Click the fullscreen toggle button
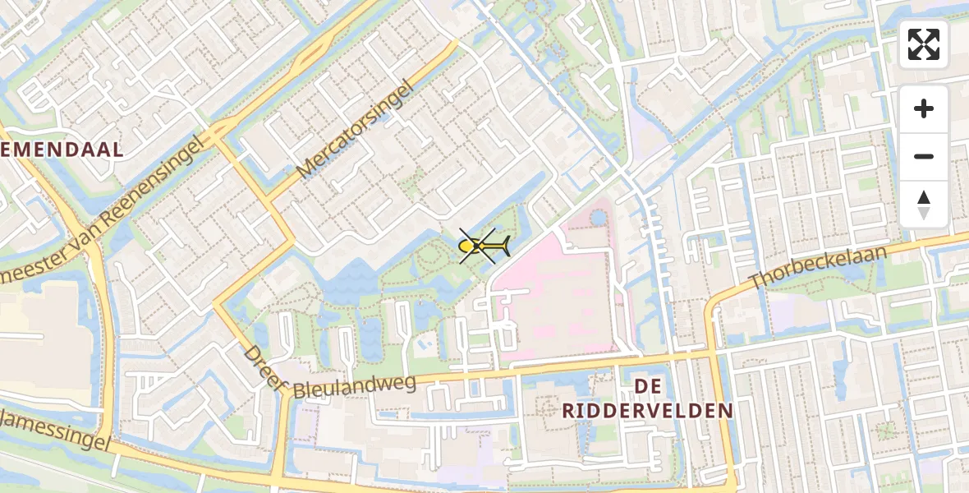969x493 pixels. pos(924,44)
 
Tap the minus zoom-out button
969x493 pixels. pos(924,156)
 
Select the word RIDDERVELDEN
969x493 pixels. pos(648,411)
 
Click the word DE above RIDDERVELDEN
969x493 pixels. pos(647,385)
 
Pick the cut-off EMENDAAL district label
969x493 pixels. pos(62,150)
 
